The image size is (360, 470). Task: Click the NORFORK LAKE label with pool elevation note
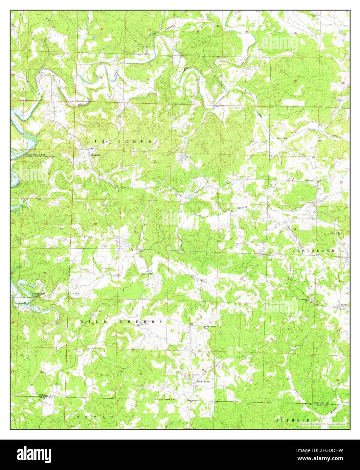pyautogui.click(x=40, y=156)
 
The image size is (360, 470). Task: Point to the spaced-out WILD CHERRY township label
pyautogui.click(x=121, y=321)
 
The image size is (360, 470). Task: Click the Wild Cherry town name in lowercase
pyautogui.click(x=203, y=381)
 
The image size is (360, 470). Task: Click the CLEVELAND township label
pyautogui.click(x=313, y=251)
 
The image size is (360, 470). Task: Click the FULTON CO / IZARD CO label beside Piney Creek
pyautogui.click(x=321, y=404)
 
